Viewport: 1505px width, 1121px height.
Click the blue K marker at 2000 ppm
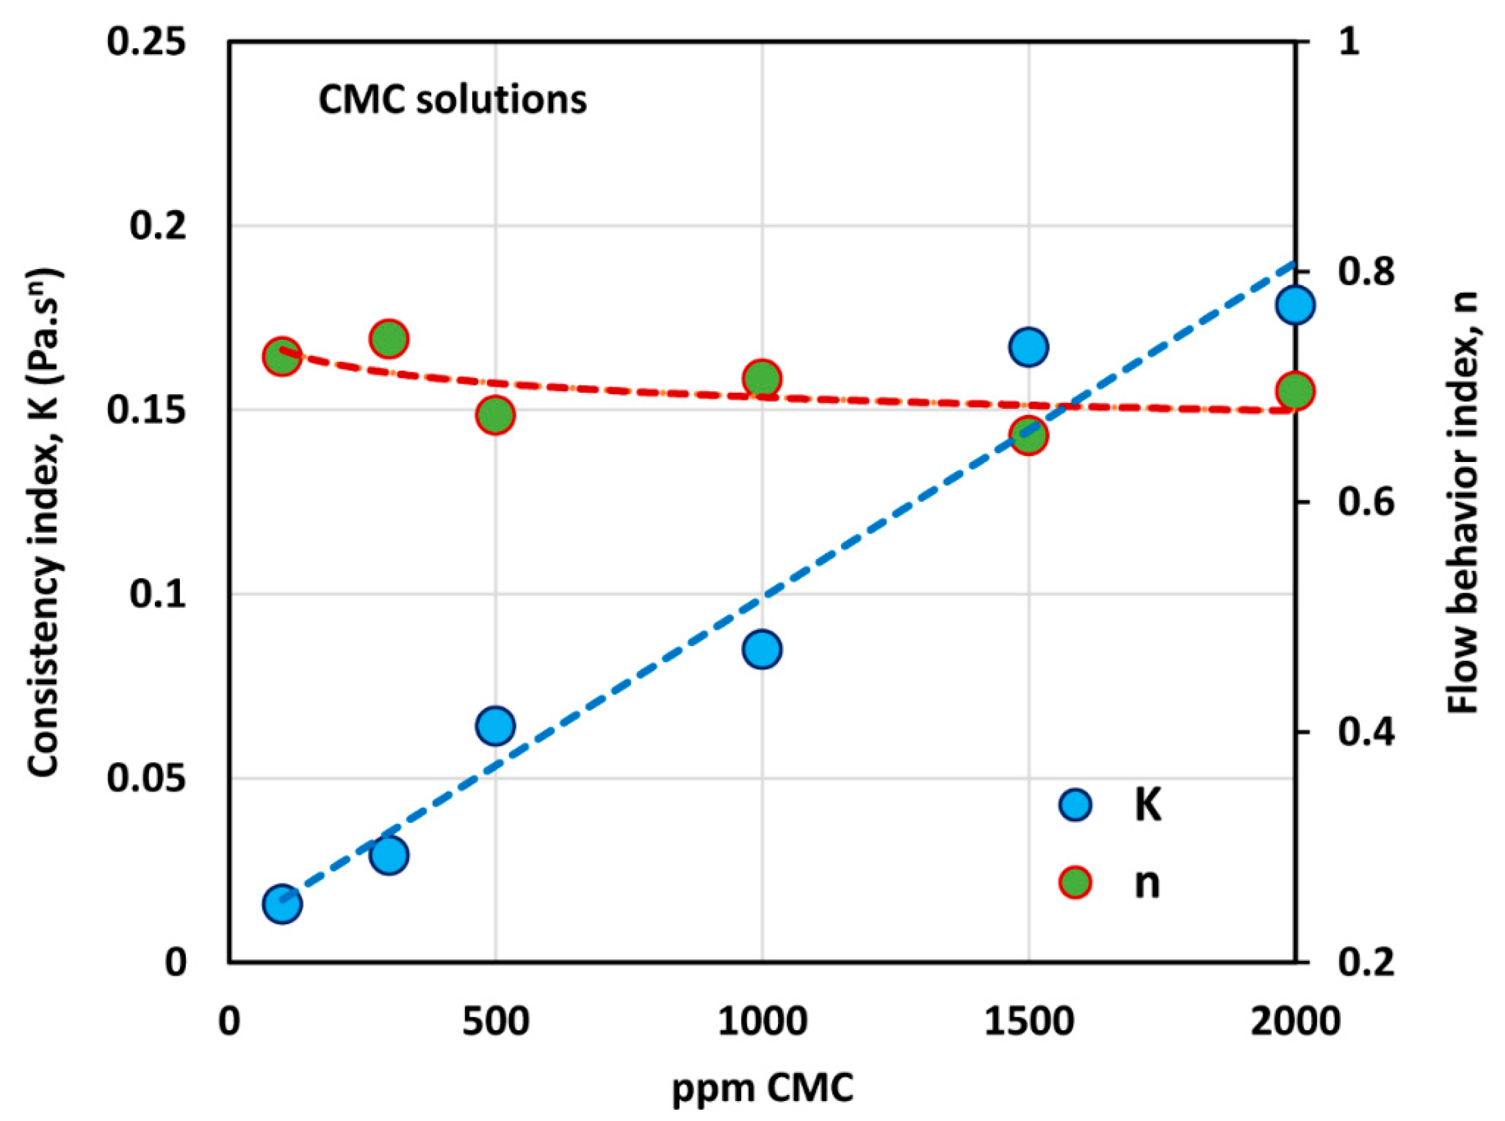pos(1294,305)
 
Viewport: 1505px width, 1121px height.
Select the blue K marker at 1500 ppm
pos(1028,347)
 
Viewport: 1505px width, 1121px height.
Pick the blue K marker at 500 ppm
pos(495,726)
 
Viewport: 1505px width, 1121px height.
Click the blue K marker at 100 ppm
pos(281,904)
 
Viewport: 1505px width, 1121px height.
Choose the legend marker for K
pos(1075,805)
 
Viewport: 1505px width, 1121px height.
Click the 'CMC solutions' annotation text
pos(453,100)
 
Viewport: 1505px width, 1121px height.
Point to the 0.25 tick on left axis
pos(146,42)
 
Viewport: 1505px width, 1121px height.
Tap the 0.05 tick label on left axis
pos(146,778)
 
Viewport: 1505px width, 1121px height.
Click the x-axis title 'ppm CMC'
pos(762,1090)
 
